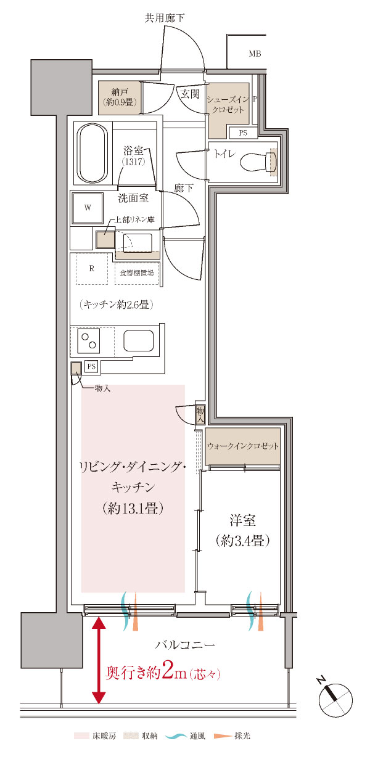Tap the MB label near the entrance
[255, 54]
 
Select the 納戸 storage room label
[120, 96]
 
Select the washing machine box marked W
[88, 208]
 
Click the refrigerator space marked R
[91, 268]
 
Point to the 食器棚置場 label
[137, 272]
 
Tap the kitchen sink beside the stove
[138, 341]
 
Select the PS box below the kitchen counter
[91, 366]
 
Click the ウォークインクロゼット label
[243, 446]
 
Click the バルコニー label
[184, 645]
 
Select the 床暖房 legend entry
[90, 735]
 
